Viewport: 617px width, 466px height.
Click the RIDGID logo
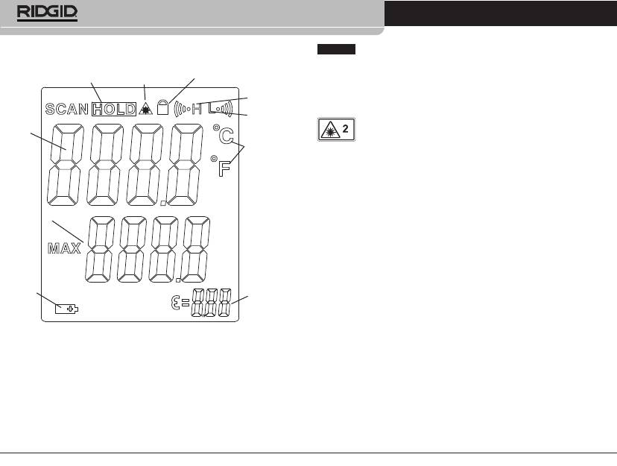(x=47, y=13)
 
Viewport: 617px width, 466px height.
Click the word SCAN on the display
(x=67, y=109)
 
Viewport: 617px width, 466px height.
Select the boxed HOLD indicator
(x=114, y=109)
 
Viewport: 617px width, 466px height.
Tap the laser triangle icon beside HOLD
(x=145, y=109)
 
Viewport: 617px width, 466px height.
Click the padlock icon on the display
(x=162, y=107)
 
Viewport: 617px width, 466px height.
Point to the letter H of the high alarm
(x=197, y=109)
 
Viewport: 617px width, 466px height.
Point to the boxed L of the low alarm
(x=213, y=107)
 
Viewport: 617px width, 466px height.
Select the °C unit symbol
(x=223, y=135)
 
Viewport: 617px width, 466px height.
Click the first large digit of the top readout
(x=66, y=165)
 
